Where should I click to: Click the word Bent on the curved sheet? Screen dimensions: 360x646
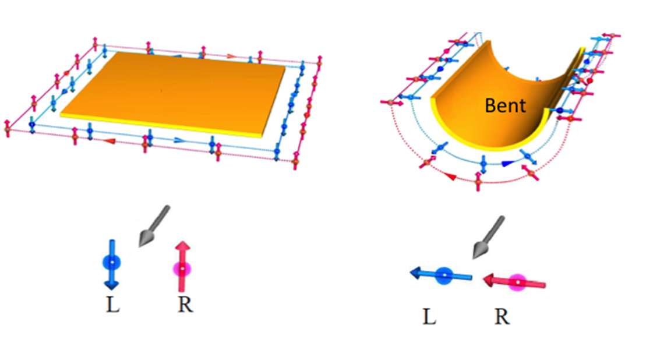pos(506,105)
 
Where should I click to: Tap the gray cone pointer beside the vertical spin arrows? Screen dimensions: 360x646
pos(153,227)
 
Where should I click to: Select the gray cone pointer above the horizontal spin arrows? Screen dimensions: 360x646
pos(488,238)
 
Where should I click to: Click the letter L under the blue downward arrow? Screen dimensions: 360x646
pos(113,305)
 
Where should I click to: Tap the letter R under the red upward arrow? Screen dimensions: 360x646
pos(185,305)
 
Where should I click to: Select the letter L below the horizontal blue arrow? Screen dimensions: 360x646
pos(429,317)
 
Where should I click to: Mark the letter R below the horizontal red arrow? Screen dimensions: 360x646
pos(502,317)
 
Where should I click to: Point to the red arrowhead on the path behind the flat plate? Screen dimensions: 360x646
pos(231,56)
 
